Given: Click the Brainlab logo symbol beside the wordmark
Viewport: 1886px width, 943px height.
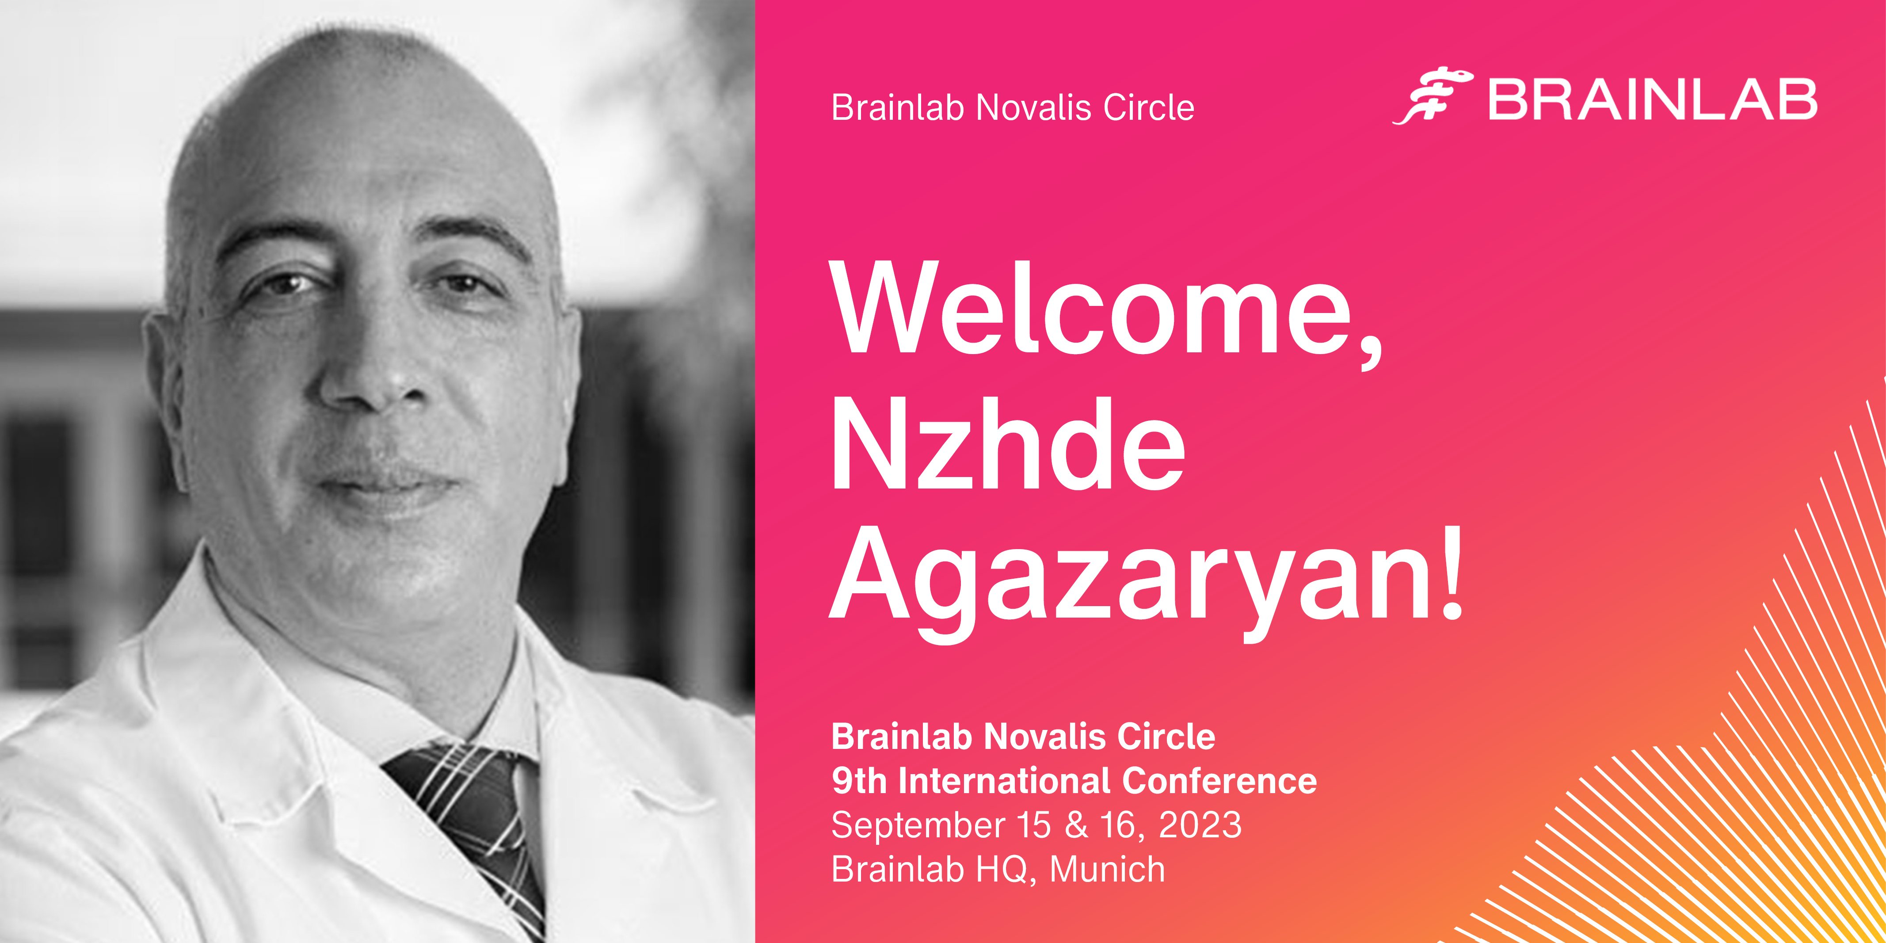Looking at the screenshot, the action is click(x=1433, y=96).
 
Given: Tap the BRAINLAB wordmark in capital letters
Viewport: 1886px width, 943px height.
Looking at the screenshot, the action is click(x=1653, y=99).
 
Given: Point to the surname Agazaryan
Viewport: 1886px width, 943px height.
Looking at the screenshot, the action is click(x=1131, y=584).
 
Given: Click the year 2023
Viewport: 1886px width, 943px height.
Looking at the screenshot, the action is click(x=1201, y=825).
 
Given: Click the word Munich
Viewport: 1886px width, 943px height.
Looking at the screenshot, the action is click(x=1107, y=870).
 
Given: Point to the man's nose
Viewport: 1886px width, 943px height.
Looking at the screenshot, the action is click(x=370, y=366).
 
